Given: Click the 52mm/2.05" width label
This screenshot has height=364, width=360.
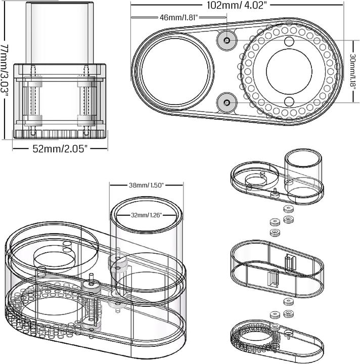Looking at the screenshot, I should click(x=60, y=149).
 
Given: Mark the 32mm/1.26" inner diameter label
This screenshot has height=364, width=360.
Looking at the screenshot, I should click(x=146, y=215).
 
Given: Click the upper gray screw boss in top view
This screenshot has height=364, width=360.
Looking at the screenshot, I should click(x=226, y=39).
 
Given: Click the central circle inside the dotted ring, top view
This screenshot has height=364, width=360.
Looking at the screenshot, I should click(x=289, y=71).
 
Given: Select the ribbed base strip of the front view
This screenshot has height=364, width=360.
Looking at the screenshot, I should click(x=60, y=133).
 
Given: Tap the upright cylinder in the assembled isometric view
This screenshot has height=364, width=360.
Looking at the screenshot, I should click(x=147, y=243).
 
